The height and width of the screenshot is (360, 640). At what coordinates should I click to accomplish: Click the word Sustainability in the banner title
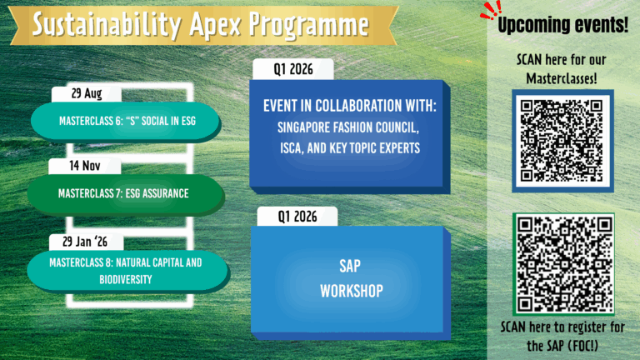(x=106, y=24)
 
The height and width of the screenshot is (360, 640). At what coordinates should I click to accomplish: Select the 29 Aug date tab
(x=87, y=94)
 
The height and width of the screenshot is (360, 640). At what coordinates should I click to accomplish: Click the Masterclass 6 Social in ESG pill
(x=127, y=121)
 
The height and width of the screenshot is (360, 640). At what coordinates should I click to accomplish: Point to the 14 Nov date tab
(x=84, y=166)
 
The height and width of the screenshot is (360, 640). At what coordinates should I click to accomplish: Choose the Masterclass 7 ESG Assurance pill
(x=126, y=194)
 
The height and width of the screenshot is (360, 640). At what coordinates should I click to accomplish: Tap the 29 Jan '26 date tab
(x=86, y=242)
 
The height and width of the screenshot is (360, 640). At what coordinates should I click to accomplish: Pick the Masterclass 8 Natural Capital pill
(x=127, y=271)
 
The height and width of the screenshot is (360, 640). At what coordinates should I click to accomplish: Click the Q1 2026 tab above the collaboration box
(x=293, y=69)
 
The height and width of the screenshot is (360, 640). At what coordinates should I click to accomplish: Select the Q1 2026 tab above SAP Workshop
(x=297, y=217)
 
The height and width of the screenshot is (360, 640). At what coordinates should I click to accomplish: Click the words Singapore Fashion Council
(x=348, y=127)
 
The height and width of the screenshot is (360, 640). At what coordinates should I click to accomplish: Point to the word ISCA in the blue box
(x=291, y=148)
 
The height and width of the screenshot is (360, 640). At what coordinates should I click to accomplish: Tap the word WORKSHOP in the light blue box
(x=352, y=291)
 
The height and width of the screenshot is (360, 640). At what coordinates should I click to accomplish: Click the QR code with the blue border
(x=562, y=141)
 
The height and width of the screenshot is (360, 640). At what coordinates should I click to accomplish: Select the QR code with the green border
(x=563, y=264)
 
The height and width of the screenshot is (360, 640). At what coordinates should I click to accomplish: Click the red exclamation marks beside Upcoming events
(x=491, y=10)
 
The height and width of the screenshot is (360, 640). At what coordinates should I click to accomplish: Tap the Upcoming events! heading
(x=562, y=25)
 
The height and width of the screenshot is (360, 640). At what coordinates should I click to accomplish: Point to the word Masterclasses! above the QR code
(x=562, y=78)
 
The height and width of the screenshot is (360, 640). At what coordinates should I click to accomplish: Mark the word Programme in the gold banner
(x=309, y=25)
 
